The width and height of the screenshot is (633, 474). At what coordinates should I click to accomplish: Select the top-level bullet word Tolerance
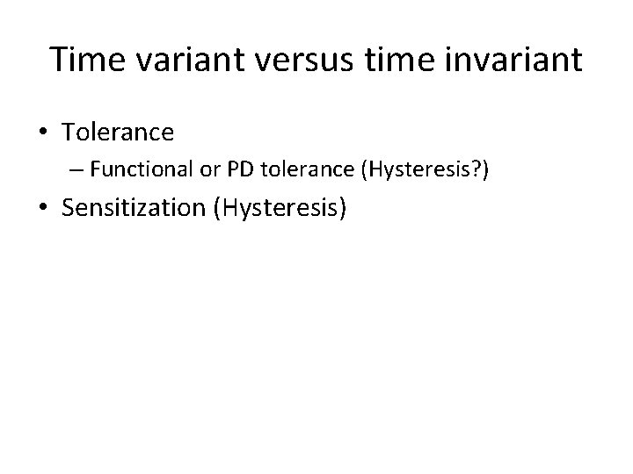click(118, 133)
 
